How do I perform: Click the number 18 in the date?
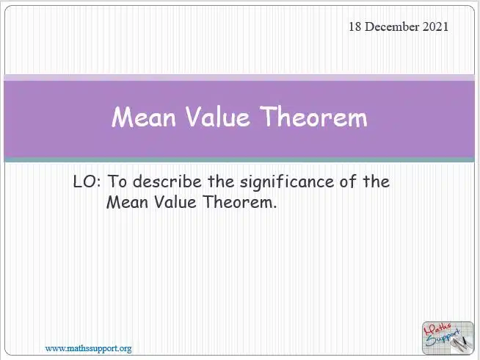(x=355, y=26)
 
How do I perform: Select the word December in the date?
(x=392, y=26)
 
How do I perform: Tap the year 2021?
(x=435, y=26)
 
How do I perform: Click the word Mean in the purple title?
(x=144, y=116)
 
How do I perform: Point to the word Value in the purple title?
(x=218, y=116)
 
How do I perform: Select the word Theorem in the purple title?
(x=313, y=116)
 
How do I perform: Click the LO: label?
(x=87, y=181)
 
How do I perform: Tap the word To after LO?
(x=117, y=181)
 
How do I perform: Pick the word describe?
(x=167, y=181)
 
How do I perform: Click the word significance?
(x=287, y=183)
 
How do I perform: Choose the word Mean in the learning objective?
(x=127, y=202)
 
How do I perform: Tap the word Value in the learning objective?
(x=175, y=202)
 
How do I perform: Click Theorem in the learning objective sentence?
(x=240, y=202)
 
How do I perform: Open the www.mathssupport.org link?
(x=89, y=348)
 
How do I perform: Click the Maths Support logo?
(x=448, y=338)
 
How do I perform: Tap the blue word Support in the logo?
(x=443, y=338)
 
